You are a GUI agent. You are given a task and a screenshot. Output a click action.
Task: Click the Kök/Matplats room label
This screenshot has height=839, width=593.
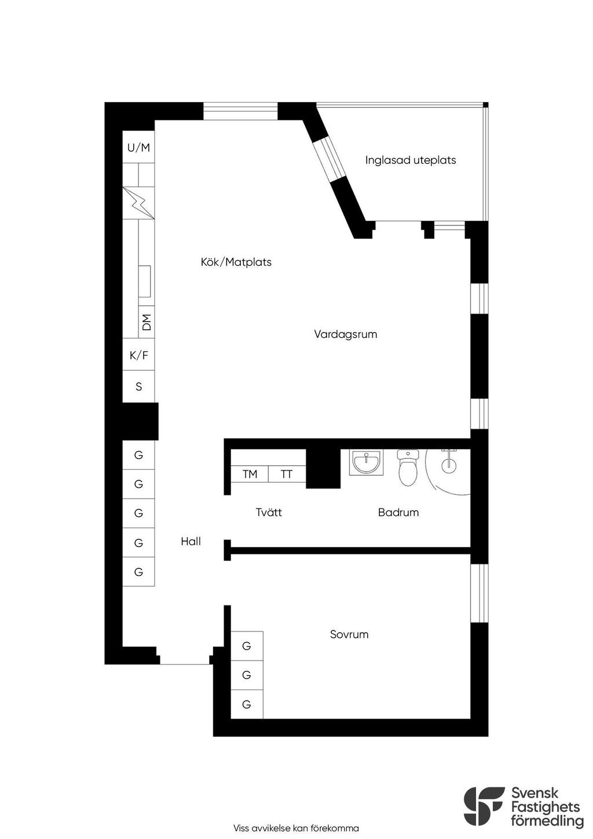click(236, 262)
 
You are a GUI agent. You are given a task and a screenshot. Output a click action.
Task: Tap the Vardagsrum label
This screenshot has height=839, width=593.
click(345, 334)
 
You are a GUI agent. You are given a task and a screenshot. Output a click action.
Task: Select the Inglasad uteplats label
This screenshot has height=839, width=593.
click(410, 160)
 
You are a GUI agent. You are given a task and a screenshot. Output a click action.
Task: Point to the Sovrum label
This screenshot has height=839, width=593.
click(349, 634)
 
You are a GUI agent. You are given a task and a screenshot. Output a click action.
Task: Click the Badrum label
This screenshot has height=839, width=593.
click(398, 512)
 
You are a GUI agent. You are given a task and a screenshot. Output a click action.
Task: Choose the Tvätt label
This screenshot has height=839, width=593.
click(269, 512)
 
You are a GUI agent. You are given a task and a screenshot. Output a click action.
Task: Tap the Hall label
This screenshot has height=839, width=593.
click(191, 541)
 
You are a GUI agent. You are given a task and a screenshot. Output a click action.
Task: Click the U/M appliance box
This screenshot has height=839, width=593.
click(138, 148)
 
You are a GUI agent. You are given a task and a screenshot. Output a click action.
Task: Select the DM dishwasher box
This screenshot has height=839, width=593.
click(147, 322)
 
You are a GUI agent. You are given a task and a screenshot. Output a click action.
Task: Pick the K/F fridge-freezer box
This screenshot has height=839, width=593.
click(138, 355)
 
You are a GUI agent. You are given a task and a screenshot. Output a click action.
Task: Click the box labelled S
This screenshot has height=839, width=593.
click(138, 386)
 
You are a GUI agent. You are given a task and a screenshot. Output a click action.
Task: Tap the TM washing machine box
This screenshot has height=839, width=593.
click(250, 475)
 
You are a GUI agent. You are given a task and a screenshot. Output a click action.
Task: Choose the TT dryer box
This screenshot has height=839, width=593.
click(287, 475)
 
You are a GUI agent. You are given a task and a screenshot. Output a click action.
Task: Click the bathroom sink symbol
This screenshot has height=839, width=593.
click(366, 463)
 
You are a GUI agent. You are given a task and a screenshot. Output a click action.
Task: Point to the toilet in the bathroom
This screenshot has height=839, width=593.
click(408, 468)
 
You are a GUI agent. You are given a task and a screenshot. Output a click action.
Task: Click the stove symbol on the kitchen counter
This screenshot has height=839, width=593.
click(138, 202)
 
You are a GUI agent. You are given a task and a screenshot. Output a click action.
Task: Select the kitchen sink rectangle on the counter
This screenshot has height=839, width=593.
click(144, 281)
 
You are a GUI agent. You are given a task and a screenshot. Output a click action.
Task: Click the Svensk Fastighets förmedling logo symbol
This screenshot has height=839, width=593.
click(483, 806)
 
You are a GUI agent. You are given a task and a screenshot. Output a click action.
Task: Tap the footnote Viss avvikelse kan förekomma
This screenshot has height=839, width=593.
click(296, 828)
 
